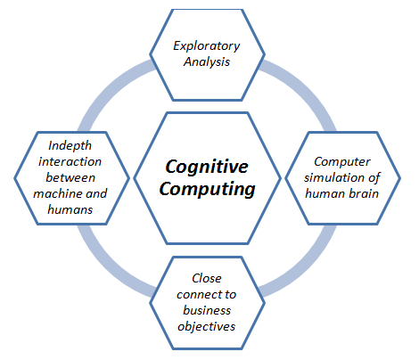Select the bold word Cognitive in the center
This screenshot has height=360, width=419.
tap(207, 167)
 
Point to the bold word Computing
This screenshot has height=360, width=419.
tap(207, 189)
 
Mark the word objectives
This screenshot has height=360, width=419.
tap(206, 325)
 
